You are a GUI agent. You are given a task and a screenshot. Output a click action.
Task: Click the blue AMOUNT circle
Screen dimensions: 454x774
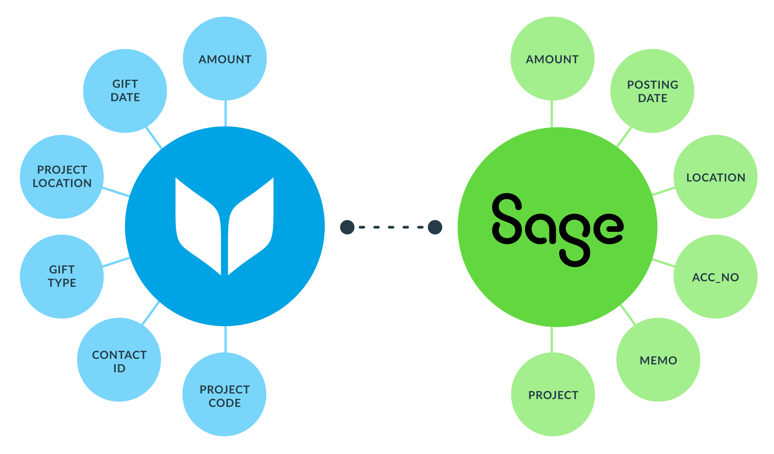(x=225, y=58)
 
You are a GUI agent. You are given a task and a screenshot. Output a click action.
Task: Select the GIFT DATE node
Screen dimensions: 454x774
(x=125, y=91)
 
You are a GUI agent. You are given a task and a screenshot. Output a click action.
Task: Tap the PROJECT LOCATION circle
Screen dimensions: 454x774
(x=62, y=177)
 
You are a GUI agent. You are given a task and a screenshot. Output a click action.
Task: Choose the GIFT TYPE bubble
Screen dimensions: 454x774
(x=62, y=276)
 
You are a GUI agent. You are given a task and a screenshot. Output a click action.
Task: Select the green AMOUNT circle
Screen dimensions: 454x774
(x=552, y=58)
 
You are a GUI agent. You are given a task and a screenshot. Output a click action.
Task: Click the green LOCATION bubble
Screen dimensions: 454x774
(x=716, y=177)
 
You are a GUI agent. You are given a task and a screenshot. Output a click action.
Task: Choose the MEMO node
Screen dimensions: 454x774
(x=658, y=360)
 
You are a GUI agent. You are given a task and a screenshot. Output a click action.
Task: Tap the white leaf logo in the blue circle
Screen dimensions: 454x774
(x=224, y=226)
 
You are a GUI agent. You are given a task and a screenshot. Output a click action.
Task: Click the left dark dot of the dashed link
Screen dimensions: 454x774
(x=347, y=227)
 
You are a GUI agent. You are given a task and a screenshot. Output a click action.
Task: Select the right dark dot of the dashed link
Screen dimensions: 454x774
(x=435, y=227)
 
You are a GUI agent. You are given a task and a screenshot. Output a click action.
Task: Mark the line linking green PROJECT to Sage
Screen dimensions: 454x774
(x=552, y=340)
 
